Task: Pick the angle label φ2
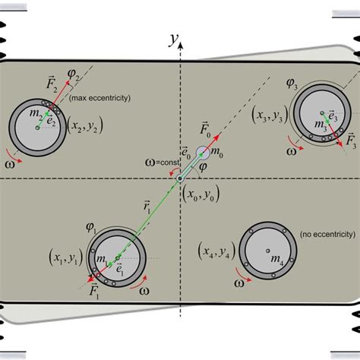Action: click(74, 74)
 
